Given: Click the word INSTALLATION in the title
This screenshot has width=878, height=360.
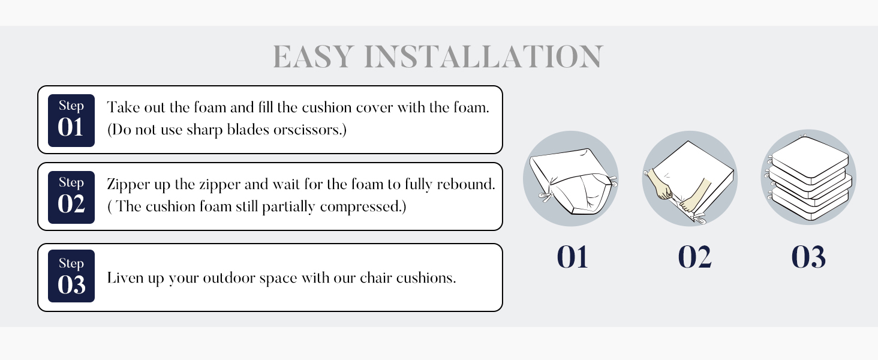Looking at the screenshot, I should tap(483, 57).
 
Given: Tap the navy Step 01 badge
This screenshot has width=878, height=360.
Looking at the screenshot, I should tap(71, 120).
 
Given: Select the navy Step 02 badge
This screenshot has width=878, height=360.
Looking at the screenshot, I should tap(71, 197).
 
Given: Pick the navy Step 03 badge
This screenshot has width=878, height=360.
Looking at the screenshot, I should tap(71, 276).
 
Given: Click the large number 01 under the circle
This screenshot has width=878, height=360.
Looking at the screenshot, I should tap(572, 257).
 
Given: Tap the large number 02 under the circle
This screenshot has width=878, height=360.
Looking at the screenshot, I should tap(694, 257).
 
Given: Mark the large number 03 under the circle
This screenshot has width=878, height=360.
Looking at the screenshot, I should tap(808, 257).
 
